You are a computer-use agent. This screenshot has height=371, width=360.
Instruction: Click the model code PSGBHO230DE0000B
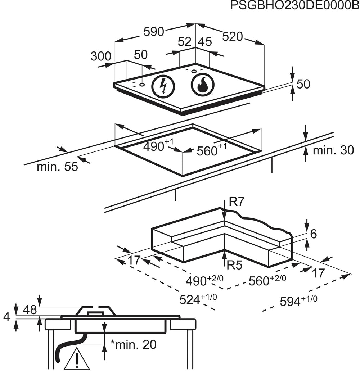coord(295,5)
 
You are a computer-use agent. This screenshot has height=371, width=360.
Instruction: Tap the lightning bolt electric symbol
coord(163,86)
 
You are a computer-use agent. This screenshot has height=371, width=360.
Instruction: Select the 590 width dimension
coord(154,32)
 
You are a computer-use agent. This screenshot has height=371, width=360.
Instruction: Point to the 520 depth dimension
coord(233,37)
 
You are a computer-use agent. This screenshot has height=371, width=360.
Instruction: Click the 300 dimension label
coord(101,56)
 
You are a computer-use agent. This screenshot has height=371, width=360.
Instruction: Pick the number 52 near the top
coord(184,42)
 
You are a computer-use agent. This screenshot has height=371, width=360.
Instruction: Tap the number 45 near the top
coord(205,42)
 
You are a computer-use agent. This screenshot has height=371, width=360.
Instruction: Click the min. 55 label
coord(57,167)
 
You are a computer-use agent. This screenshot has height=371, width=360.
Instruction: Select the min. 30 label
coord(333,150)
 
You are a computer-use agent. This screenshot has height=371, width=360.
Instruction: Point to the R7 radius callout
coord(236,202)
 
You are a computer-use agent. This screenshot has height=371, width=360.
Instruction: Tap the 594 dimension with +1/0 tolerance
coord(298,301)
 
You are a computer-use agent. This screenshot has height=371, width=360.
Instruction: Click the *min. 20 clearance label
coord(134,345)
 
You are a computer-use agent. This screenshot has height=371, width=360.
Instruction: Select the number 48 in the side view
coord(30,310)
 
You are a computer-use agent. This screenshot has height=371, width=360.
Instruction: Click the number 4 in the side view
coord(6,317)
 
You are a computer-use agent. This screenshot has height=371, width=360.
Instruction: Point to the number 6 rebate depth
coord(313,234)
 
